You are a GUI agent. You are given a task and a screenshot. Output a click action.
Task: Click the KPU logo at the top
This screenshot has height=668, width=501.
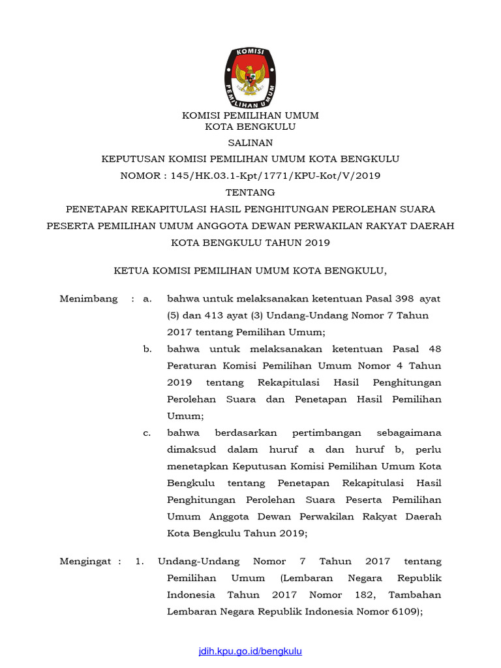[250, 77]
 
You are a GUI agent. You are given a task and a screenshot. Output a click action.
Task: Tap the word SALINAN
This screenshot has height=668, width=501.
[250, 143]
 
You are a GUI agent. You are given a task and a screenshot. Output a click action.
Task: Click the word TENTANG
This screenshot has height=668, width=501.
[250, 192]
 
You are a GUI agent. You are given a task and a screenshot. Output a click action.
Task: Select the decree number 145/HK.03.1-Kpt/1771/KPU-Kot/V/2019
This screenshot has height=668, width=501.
[269, 175]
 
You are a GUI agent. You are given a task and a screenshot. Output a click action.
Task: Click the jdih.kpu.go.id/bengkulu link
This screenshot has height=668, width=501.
[250, 651]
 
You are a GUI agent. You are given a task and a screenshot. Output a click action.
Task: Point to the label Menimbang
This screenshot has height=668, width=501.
[89, 299]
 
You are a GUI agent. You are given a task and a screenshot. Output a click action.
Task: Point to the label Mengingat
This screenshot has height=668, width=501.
[87, 561]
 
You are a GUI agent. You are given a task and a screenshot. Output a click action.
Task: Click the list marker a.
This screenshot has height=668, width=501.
[147, 299]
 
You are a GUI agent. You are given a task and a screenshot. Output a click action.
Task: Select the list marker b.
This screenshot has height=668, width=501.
[147, 349]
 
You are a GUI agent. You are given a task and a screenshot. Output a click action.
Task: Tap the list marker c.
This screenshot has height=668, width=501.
[147, 433]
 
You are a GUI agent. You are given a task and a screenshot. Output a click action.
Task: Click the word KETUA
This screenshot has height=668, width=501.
[133, 270]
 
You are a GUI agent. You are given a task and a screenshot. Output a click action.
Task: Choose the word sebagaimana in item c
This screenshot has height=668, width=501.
[409, 433]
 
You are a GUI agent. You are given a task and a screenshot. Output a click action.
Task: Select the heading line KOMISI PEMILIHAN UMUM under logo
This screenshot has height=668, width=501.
[250, 115]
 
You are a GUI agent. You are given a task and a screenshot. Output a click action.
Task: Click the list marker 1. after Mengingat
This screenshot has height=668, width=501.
[139, 561]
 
